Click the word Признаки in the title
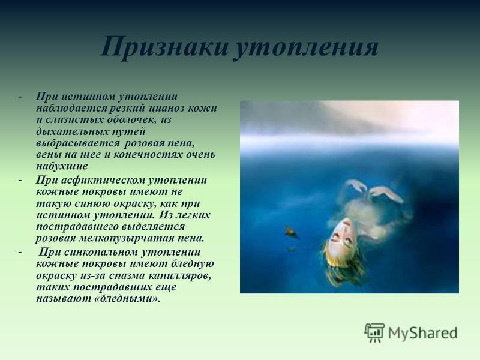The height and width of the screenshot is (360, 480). [x=164, y=47]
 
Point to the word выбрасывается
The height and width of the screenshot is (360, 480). [x=78, y=143]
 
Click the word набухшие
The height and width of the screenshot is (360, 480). [x=62, y=166]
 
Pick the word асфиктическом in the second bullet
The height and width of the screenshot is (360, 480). [x=103, y=181]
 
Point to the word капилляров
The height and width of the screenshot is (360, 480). [x=180, y=275]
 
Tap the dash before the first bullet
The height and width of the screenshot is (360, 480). [x=20, y=97]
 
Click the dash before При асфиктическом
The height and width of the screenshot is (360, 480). [x=20, y=181]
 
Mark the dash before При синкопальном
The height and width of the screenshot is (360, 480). [x=20, y=253]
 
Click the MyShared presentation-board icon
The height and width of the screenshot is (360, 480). [x=374, y=332]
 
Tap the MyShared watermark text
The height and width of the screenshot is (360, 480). [x=423, y=333]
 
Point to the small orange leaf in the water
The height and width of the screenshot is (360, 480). [x=291, y=232]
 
